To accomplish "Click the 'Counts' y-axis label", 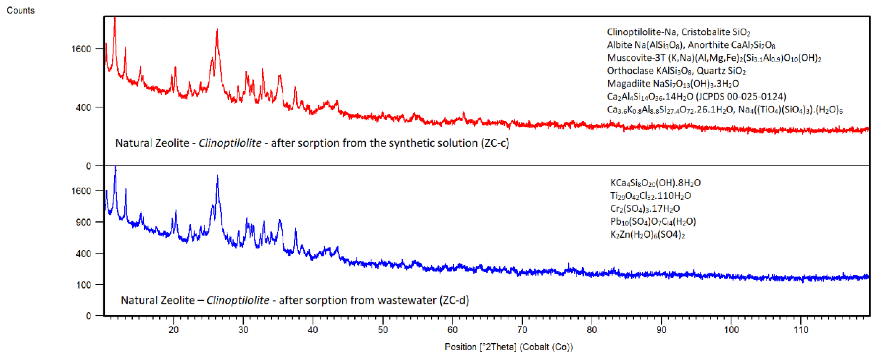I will pyautogui.click(x=21, y=10).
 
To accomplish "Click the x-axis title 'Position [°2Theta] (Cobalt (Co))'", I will pyautogui.click(x=509, y=347).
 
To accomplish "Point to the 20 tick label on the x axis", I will pyautogui.click(x=174, y=329).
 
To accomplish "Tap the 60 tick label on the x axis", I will pyautogui.click(x=452, y=329).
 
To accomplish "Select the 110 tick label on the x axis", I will pyautogui.click(x=801, y=329).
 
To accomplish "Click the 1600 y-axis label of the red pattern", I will pyautogui.click(x=81, y=49).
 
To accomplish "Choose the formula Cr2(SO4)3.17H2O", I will pyautogui.click(x=645, y=209).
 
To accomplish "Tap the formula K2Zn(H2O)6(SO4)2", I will pyautogui.click(x=647, y=234).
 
